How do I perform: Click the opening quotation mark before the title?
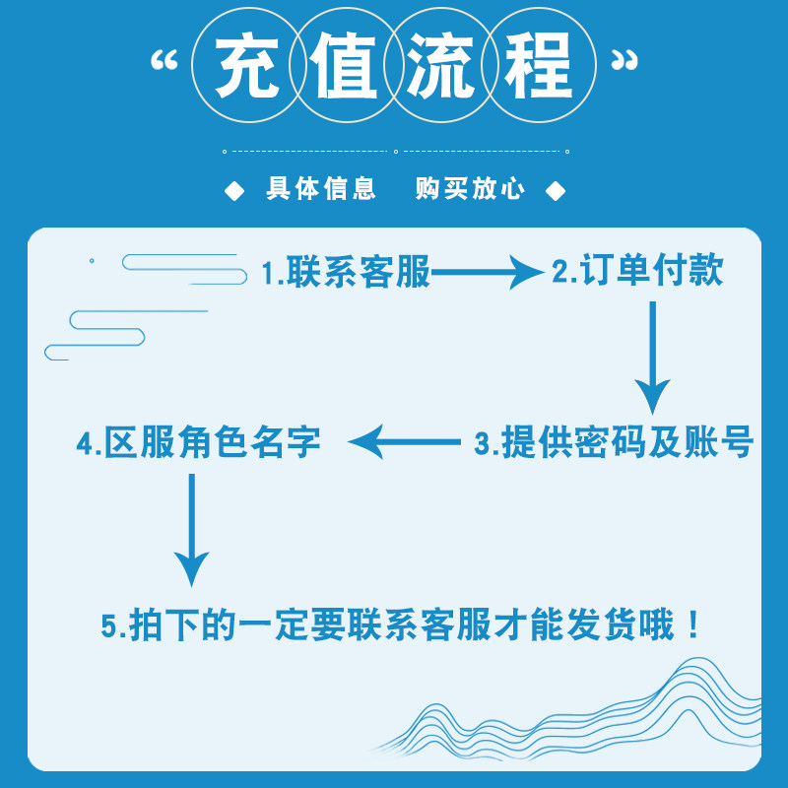coord(163,61)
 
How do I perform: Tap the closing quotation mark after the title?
coord(624,61)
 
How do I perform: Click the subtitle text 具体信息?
coord(321,190)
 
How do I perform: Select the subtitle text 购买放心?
coord(470,190)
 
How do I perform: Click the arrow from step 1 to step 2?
coord(488,273)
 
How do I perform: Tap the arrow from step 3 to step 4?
coord(405,443)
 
